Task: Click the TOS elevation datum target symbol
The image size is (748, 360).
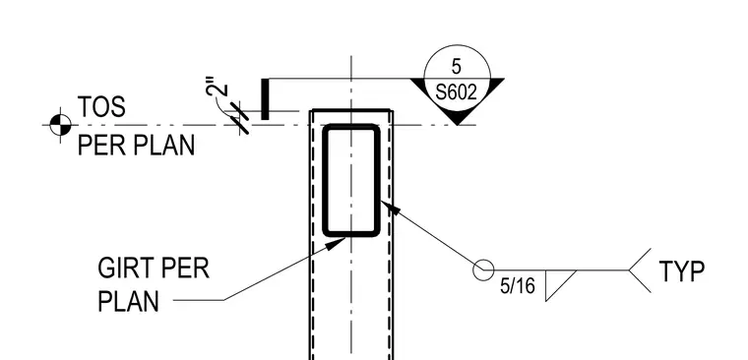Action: pyautogui.click(x=60, y=125)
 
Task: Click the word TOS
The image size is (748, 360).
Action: pyautogui.click(x=101, y=107)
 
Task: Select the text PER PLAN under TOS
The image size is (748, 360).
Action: pyautogui.click(x=136, y=145)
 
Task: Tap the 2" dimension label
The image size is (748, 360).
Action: pyautogui.click(x=218, y=90)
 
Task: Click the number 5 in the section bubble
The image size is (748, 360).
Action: pyautogui.click(x=457, y=67)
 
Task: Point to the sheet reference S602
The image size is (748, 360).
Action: pyautogui.click(x=457, y=92)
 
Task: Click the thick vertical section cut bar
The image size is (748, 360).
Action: pyautogui.click(x=265, y=99)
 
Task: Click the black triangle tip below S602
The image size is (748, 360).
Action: pyautogui.click(x=458, y=125)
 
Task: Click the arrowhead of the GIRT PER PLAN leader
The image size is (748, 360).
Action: pyautogui.click(x=336, y=243)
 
